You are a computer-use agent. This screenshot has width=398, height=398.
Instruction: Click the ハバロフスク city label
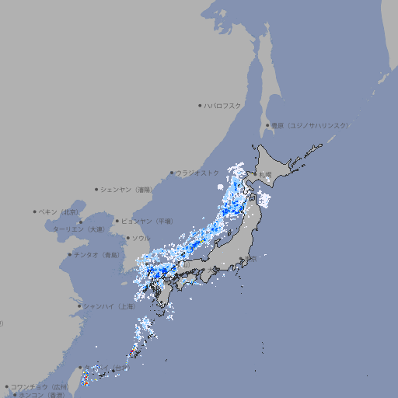click(223, 105)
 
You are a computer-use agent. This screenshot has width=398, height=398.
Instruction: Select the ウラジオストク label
click(197, 173)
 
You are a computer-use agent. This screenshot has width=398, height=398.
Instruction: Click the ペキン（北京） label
click(59, 211)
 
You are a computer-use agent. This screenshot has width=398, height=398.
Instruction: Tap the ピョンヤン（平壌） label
click(147, 221)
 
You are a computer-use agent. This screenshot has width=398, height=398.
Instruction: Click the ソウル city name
click(141, 238)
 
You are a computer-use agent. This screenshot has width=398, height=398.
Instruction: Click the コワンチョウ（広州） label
click(39, 386)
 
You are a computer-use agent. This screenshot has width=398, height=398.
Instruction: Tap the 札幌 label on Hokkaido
click(267, 173)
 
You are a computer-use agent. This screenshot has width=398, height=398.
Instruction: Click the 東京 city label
click(250, 260)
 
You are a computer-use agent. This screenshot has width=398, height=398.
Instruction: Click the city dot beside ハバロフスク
click(200, 105)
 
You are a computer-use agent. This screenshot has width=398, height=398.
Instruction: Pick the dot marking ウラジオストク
click(172, 173)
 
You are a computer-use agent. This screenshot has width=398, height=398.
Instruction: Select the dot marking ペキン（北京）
click(35, 211)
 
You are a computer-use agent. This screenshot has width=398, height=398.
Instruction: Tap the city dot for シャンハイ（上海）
click(80, 306)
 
